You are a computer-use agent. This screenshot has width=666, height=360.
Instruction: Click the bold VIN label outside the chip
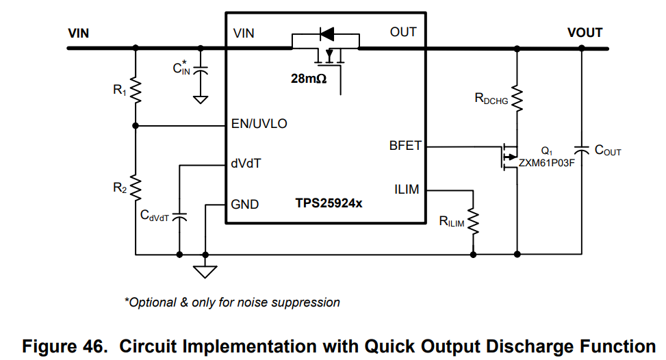tap(79, 33)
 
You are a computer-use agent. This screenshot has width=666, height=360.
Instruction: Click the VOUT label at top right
tap(585, 33)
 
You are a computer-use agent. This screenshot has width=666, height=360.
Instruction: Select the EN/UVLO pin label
tap(260, 125)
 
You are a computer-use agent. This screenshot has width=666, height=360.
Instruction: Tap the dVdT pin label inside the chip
tap(246, 164)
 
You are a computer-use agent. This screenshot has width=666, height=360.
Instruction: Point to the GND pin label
tap(245, 204)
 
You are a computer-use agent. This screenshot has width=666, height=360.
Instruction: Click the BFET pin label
tap(405, 146)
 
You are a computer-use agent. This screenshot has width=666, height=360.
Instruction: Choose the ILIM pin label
tap(407, 190)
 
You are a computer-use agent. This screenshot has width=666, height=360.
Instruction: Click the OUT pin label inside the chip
tap(402, 32)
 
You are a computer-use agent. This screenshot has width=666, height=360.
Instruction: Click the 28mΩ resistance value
tap(309, 79)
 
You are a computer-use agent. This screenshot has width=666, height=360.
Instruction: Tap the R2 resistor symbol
tap(136, 185)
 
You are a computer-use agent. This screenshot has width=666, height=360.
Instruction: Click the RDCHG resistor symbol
tap(517, 99)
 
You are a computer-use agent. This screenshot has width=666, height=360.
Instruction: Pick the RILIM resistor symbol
tap(473, 220)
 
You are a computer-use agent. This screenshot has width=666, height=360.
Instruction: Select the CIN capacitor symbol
tap(201, 70)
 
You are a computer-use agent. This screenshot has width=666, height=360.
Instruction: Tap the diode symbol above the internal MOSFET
tap(326, 33)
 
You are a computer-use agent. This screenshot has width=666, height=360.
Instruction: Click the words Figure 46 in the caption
tap(64, 346)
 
